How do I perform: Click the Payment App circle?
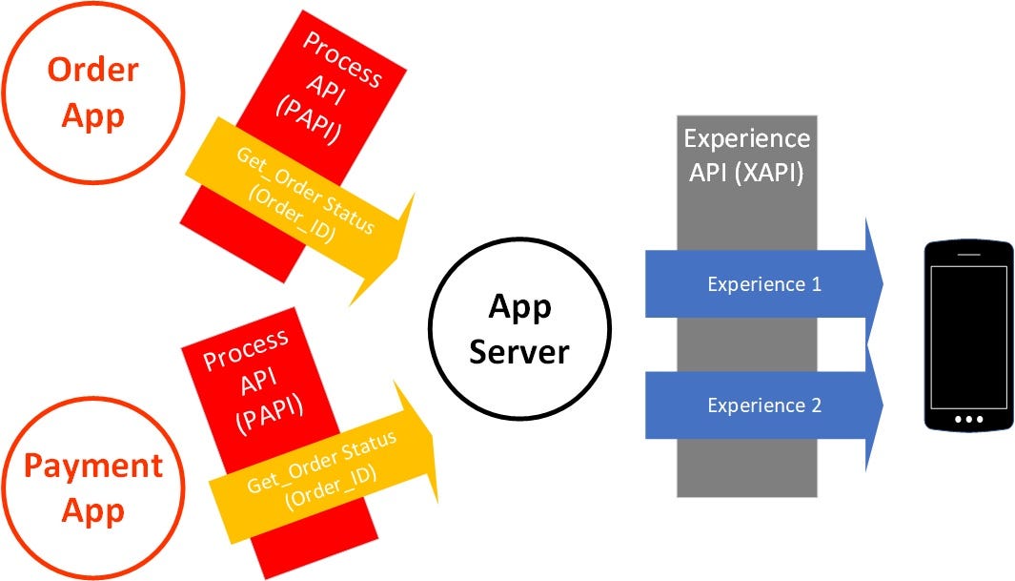(x=93, y=487)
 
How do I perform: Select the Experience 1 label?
(x=763, y=283)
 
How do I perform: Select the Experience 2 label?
(x=763, y=405)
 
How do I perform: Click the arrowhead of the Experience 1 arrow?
(x=872, y=283)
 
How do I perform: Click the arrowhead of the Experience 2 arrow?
(x=872, y=405)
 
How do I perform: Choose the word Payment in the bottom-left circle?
(x=93, y=467)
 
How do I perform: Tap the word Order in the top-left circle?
(x=93, y=70)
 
